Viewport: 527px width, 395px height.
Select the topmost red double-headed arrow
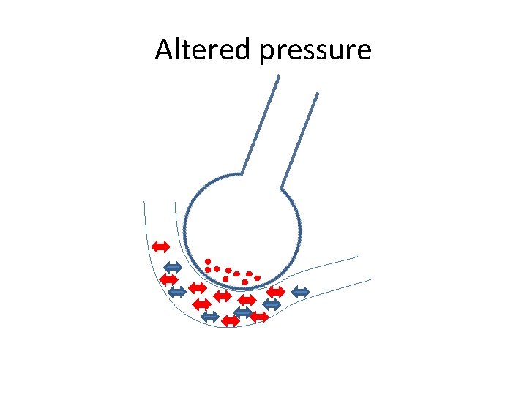(160, 246)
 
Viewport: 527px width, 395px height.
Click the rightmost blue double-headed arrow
(301, 292)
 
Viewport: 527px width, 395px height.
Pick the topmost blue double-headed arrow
(172, 267)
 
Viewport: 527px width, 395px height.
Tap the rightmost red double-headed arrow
(275, 291)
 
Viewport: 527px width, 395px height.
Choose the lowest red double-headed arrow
(231, 320)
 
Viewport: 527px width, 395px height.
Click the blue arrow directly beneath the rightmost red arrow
(272, 304)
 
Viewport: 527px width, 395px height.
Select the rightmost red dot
(258, 278)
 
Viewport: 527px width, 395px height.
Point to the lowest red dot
(244, 282)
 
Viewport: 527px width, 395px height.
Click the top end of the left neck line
(278, 76)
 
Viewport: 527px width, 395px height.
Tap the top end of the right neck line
(318, 94)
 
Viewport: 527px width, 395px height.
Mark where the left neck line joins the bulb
(241, 173)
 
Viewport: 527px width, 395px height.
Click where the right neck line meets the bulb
(282, 187)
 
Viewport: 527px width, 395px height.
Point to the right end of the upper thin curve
(358, 257)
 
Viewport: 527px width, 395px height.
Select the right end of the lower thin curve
(373, 279)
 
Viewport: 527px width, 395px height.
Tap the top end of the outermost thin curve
(143, 201)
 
